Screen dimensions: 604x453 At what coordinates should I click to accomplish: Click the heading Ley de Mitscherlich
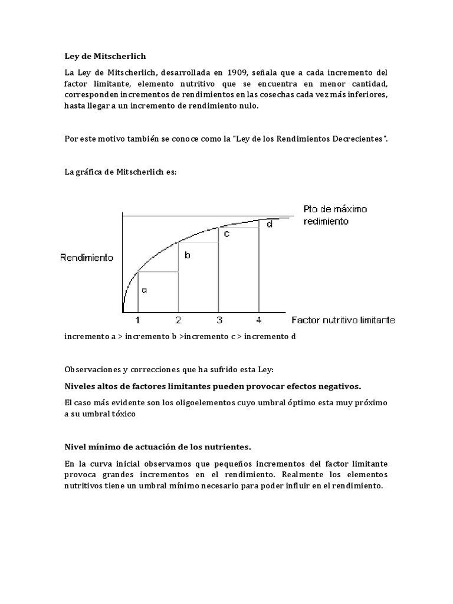104,56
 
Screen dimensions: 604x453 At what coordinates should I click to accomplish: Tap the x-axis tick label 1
137,320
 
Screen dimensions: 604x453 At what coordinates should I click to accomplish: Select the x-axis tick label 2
178,320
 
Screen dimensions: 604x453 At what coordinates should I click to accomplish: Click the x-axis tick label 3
218,320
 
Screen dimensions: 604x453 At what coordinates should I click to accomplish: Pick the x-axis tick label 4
258,320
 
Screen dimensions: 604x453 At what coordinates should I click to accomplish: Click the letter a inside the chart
145,290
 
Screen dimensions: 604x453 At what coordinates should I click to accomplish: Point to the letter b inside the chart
188,255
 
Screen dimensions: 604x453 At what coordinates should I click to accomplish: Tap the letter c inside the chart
226,234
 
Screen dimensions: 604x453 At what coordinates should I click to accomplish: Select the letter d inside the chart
270,224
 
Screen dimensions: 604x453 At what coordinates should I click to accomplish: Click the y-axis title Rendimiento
86,258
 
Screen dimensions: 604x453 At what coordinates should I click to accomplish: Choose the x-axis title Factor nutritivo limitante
343,320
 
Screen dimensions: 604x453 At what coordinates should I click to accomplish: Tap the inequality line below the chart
180,337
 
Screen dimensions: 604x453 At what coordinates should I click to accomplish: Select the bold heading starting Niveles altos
212,386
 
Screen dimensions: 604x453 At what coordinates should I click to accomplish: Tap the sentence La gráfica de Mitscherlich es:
120,172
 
